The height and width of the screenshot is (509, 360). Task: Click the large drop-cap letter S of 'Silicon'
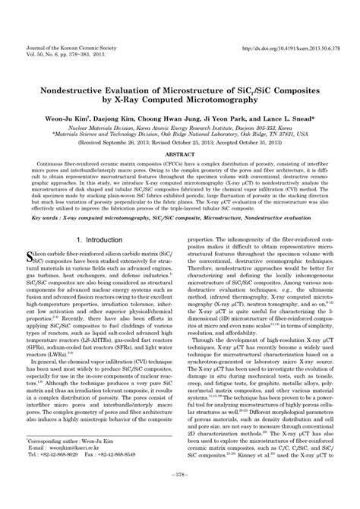[x=30, y=237]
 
